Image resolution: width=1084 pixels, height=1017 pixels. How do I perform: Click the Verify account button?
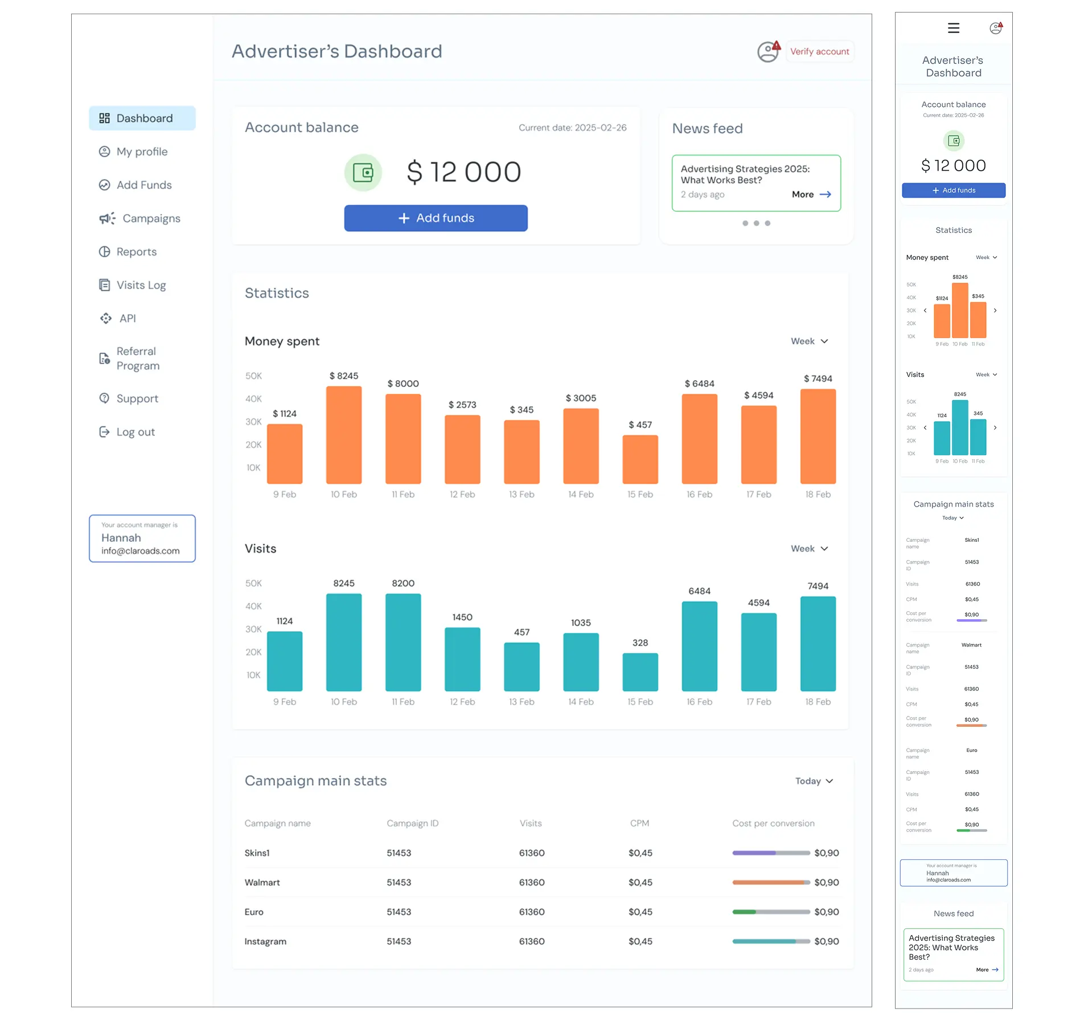coord(819,52)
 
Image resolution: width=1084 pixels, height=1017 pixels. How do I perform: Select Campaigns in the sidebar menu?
coord(151,219)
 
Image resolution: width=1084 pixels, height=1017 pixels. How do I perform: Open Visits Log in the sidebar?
coord(141,285)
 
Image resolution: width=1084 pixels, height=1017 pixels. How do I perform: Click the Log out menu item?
coord(135,432)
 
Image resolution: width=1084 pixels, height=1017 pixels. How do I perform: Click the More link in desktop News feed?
coord(811,195)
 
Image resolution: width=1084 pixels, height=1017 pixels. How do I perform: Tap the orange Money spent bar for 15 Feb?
coord(640,459)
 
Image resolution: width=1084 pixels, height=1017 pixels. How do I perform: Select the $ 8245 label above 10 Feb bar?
coord(344,376)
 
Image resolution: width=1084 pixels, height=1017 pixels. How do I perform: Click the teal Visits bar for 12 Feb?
coord(462,659)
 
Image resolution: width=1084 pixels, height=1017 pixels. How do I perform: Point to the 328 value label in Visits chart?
coord(640,643)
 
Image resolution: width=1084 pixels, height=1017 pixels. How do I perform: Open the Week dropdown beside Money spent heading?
coord(809,341)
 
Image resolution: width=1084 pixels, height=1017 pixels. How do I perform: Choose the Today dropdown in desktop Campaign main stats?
coord(814,781)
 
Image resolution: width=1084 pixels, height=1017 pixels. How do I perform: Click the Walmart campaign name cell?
coord(262,882)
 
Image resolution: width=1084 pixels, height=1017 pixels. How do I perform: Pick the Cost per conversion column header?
coord(773,823)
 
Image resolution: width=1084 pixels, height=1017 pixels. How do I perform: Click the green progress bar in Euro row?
coord(744,912)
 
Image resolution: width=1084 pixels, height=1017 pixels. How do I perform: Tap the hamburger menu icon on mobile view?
coord(953,28)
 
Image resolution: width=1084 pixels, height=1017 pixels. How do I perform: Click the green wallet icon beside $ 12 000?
coord(363,172)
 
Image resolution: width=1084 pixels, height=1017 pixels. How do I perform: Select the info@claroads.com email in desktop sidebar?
coord(140,551)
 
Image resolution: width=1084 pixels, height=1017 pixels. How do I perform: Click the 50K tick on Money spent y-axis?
coord(253,376)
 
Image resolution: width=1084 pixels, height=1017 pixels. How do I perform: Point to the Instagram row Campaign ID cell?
coord(399,941)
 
